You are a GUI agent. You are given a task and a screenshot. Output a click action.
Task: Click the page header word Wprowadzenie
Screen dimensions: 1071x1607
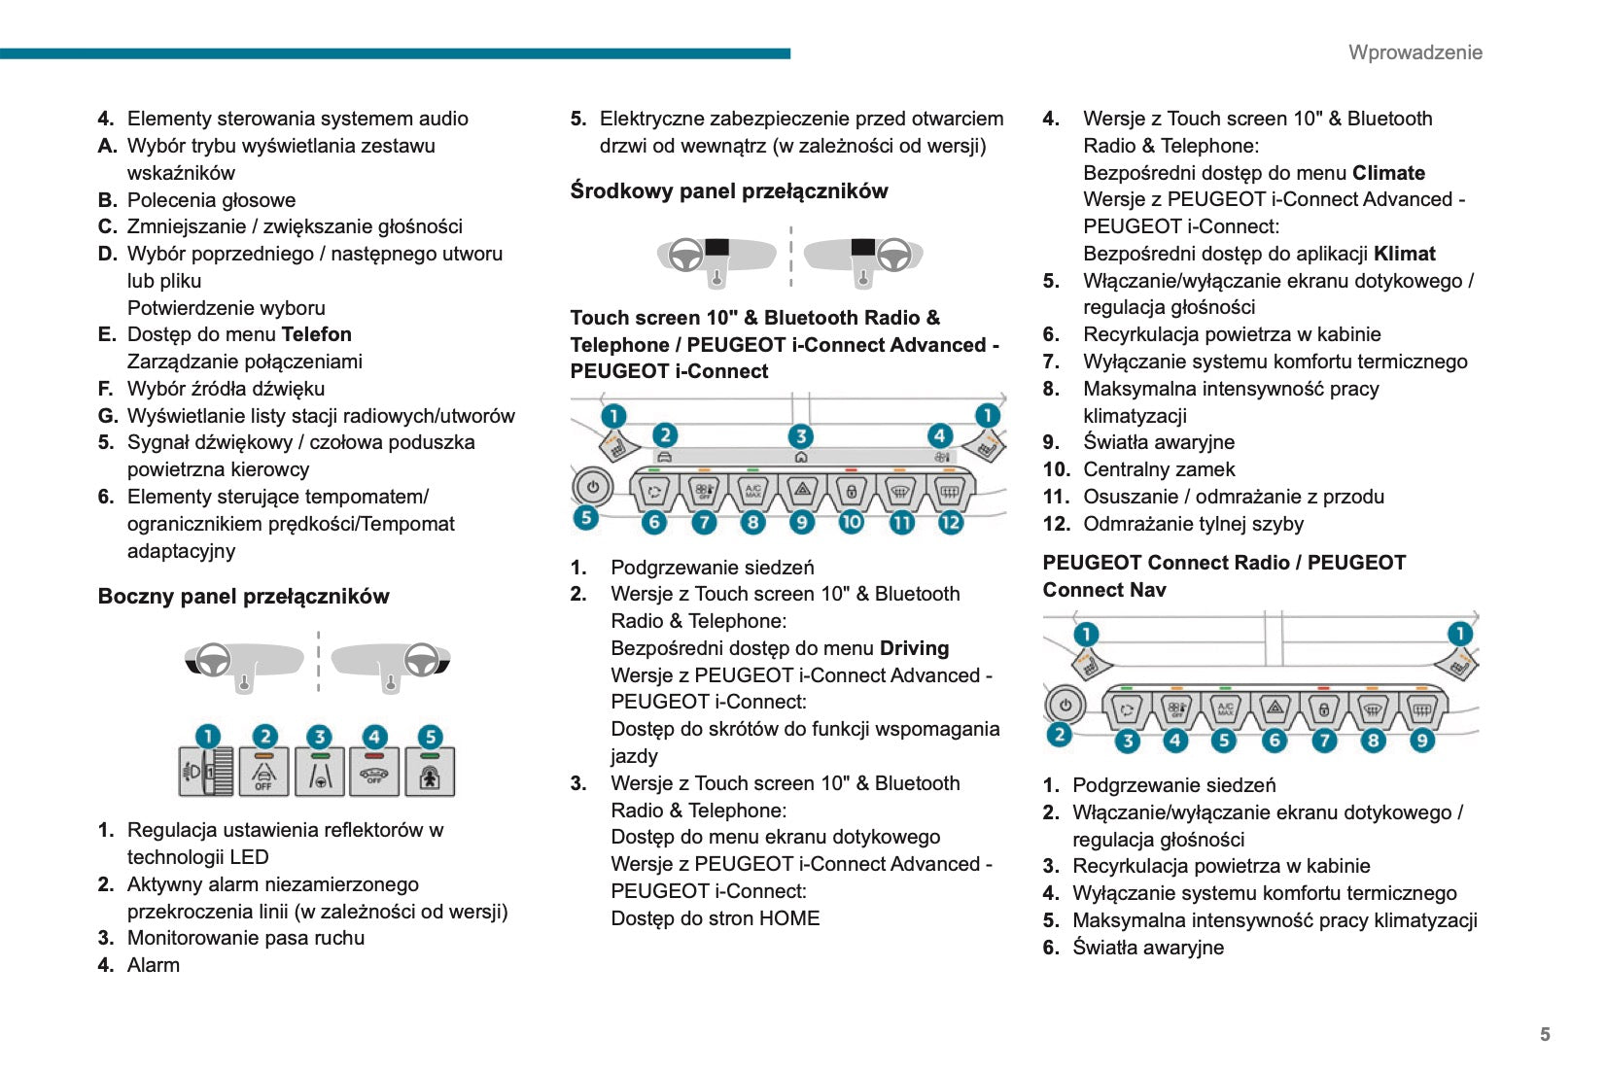(1415, 52)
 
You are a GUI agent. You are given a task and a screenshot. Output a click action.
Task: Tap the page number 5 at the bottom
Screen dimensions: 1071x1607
(1545, 1034)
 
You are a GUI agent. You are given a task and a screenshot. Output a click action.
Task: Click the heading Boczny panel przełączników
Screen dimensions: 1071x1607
(243, 597)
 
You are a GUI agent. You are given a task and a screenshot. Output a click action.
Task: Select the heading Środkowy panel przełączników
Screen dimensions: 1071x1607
(728, 191)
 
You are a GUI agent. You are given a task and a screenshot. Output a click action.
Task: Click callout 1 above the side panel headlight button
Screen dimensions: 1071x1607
(207, 737)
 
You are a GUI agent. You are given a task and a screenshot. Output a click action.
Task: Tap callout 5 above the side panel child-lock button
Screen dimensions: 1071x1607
(430, 737)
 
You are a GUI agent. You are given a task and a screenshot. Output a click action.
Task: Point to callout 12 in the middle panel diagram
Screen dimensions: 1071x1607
(950, 522)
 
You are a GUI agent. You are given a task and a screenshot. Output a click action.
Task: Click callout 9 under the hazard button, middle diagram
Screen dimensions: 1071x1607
(801, 522)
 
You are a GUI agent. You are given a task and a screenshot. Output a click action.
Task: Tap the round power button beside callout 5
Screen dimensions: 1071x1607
(592, 486)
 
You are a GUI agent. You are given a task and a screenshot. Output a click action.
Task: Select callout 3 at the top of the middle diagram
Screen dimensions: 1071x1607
(800, 436)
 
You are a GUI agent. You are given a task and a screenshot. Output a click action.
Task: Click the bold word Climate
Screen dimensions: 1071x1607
(1388, 173)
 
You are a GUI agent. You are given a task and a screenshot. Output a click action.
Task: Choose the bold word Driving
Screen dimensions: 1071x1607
(914, 648)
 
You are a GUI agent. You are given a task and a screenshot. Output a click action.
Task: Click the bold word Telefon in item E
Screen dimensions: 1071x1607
(316, 334)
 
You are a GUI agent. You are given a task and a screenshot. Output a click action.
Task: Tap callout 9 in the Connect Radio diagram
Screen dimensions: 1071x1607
(1421, 741)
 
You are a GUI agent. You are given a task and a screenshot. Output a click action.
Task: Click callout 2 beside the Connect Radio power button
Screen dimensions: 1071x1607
(1059, 735)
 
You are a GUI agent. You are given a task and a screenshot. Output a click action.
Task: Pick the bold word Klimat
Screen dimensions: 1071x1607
(1404, 254)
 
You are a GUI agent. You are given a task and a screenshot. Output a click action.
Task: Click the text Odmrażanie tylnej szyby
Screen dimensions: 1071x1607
(1193, 524)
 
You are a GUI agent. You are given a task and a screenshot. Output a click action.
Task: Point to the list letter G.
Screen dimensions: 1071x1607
(107, 416)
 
